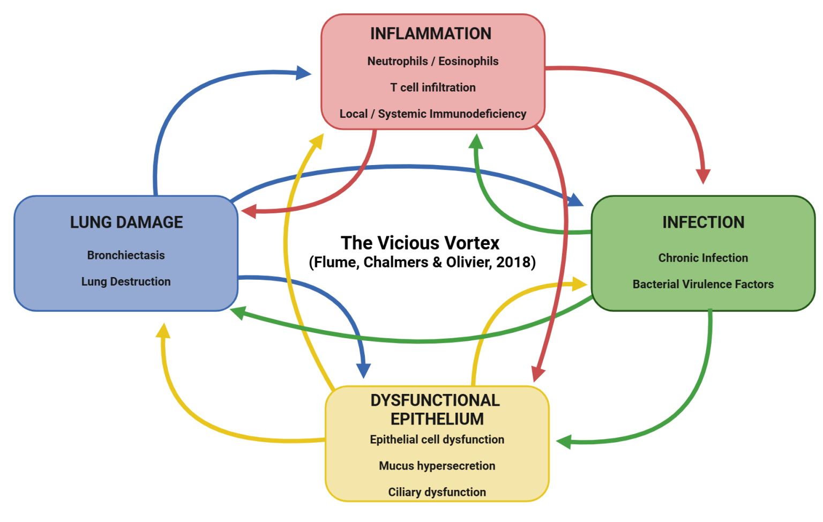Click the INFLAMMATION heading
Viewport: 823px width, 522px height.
431,34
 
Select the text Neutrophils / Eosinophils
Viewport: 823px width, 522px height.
433,61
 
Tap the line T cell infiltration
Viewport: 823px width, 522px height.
433,87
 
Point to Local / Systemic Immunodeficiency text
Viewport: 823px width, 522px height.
433,114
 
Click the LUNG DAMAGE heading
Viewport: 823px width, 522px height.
126,222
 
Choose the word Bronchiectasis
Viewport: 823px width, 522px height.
126,255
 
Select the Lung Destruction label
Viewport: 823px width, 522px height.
126,281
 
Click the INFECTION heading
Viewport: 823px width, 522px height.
703,222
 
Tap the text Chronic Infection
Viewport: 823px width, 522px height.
703,258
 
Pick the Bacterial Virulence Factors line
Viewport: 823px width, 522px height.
703,284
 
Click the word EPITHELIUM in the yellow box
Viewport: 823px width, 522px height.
437,419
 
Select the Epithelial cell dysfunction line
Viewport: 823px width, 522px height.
437,439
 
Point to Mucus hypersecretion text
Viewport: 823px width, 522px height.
437,466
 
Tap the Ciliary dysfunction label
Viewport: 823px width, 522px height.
437,492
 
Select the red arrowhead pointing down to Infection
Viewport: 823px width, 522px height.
703,176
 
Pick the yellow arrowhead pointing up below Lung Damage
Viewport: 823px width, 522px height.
163,331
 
